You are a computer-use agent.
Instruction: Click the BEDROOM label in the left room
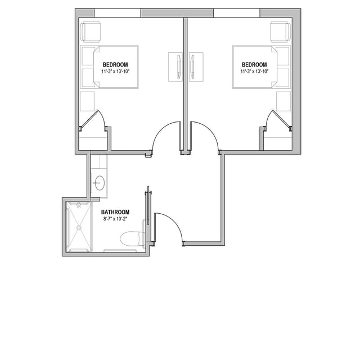click(x=115, y=65)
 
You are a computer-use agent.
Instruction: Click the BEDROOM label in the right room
click(x=254, y=65)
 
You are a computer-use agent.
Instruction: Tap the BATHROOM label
click(x=115, y=212)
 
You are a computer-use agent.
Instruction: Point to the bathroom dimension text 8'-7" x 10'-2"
click(x=115, y=219)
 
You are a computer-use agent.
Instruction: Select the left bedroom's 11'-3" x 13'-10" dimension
click(x=115, y=71)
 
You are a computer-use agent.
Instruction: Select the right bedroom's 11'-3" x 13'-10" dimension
click(x=255, y=71)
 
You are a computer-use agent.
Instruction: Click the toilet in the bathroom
click(x=133, y=238)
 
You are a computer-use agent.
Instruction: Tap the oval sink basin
click(x=100, y=183)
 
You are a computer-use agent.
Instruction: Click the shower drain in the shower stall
click(x=79, y=227)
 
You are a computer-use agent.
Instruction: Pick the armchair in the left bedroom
click(x=91, y=31)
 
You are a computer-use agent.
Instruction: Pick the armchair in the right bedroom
click(x=280, y=31)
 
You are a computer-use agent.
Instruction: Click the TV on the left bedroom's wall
click(x=179, y=67)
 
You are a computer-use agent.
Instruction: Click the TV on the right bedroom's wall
click(x=192, y=67)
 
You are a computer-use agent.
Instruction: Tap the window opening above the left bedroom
click(x=118, y=13)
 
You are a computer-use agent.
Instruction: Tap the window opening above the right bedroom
click(x=237, y=13)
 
